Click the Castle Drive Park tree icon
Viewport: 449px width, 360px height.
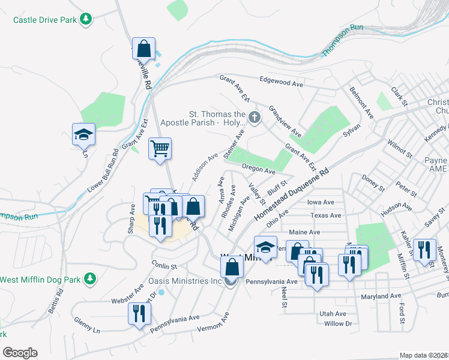pyautogui.click(x=87, y=19)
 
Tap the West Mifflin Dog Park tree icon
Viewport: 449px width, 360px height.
pyautogui.click(x=89, y=278)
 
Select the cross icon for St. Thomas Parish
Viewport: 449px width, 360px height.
pyautogui.click(x=255, y=117)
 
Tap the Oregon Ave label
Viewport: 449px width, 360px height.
pyautogui.click(x=258, y=170)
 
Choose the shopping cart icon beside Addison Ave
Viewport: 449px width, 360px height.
pyautogui.click(x=160, y=148)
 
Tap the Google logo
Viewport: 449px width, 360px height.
pyautogui.click(x=20, y=353)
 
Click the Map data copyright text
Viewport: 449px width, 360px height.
pyautogui.click(x=424, y=355)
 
